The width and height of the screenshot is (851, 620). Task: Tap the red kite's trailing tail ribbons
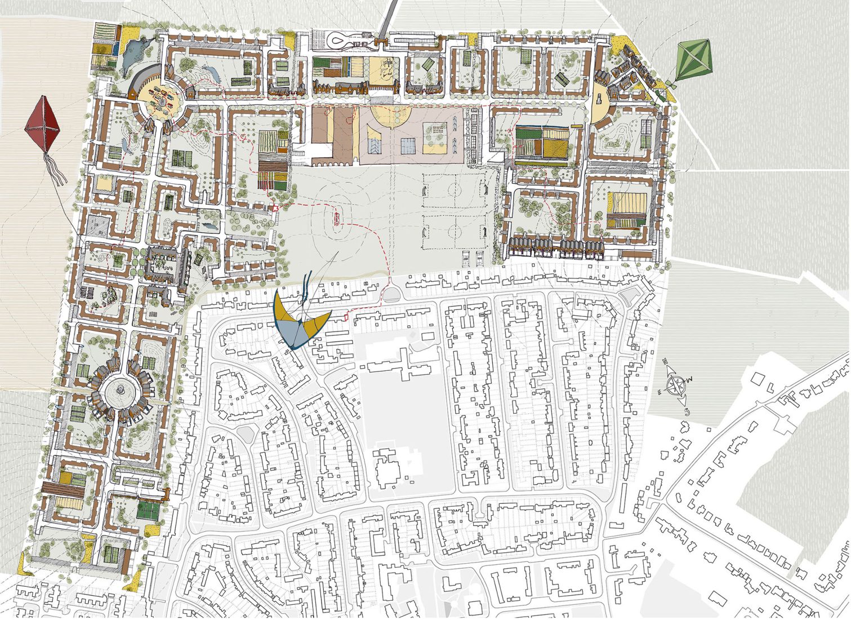click(57, 171)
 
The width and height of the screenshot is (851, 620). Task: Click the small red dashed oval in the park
click(338, 216)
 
